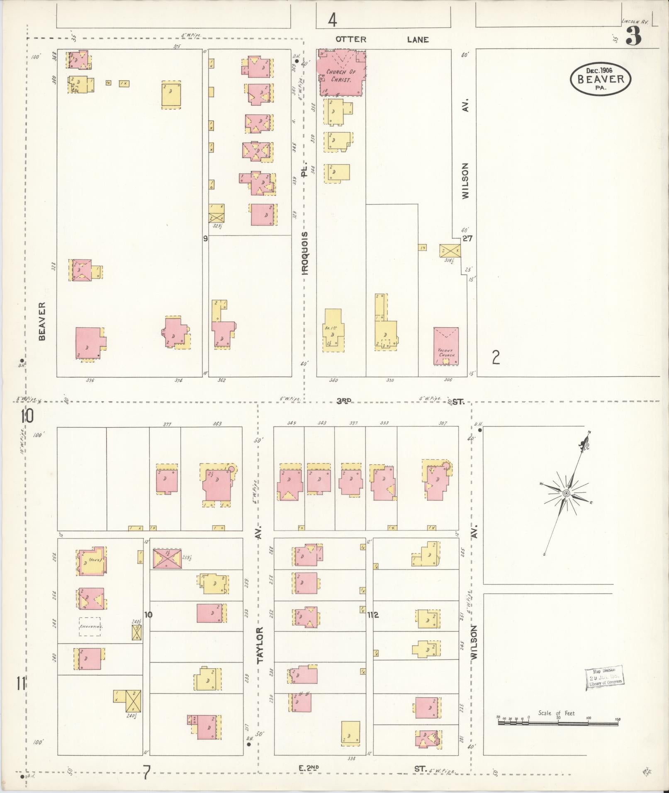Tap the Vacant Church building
click(446, 346)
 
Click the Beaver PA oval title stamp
click(600, 79)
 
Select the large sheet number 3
click(633, 36)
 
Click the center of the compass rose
click(566, 493)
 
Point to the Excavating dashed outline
click(91, 627)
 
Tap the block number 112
click(373, 615)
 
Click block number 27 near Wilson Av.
click(467, 239)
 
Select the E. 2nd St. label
click(309, 768)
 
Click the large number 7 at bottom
click(146, 772)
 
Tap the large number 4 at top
click(332, 20)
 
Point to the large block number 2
click(496, 357)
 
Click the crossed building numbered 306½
click(450, 250)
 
